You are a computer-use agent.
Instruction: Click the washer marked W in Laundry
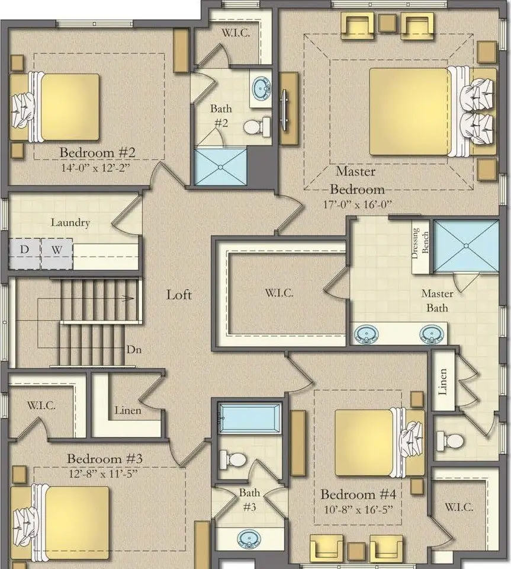click(56, 254)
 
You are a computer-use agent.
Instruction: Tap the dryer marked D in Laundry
click(25, 254)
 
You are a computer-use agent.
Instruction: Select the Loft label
click(179, 295)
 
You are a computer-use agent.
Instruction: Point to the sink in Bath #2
click(261, 88)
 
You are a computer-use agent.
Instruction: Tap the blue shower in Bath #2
click(221, 167)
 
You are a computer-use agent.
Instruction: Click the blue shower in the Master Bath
click(466, 245)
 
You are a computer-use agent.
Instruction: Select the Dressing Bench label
click(420, 243)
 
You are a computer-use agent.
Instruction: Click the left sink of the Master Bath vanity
click(367, 334)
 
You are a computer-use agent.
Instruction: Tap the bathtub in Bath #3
click(250, 418)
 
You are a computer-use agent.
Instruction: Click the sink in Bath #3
click(249, 539)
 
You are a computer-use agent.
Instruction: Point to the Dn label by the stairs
click(134, 350)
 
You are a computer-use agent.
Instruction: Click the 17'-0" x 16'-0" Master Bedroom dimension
click(357, 204)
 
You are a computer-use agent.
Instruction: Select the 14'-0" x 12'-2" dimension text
click(95, 168)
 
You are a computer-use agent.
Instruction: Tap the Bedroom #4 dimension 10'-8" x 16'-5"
click(358, 510)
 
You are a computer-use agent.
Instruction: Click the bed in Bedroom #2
click(54, 107)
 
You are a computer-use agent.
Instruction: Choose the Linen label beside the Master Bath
click(443, 382)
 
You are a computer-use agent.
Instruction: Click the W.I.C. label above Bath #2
click(236, 33)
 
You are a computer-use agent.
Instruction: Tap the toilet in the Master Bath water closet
click(450, 441)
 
